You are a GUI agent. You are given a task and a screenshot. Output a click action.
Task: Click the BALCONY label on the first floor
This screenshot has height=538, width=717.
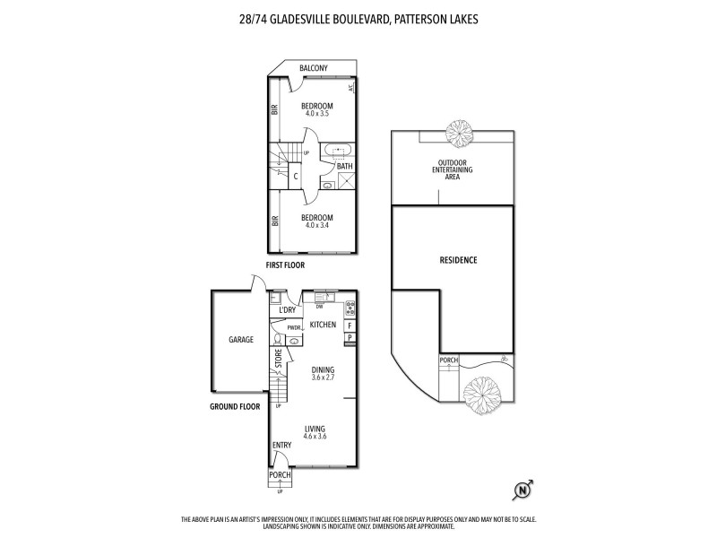pyautogui.click(x=313, y=68)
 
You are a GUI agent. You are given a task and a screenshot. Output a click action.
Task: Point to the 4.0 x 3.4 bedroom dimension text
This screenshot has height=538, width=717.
pyautogui.click(x=317, y=225)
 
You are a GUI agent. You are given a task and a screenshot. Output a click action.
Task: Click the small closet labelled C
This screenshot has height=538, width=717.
pyautogui.click(x=296, y=176)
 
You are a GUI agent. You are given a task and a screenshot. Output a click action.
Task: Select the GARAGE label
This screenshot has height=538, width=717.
pyautogui.click(x=240, y=340)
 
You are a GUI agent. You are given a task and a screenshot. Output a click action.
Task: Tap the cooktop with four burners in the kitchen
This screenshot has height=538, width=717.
pyautogui.click(x=350, y=307)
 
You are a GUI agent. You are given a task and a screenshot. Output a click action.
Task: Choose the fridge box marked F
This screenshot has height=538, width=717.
pyautogui.click(x=350, y=325)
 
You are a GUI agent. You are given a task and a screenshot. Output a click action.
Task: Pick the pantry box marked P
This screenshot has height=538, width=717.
pyautogui.click(x=350, y=338)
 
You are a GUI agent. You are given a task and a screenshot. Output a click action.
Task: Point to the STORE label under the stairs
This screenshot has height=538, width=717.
pyautogui.click(x=279, y=360)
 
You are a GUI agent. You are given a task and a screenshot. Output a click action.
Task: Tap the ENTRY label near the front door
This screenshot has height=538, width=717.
pyautogui.click(x=281, y=445)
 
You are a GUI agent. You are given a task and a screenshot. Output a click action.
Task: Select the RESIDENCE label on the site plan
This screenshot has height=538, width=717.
pyautogui.click(x=458, y=260)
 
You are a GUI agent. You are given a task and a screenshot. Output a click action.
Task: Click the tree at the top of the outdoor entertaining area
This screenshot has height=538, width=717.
pyautogui.click(x=459, y=134)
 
